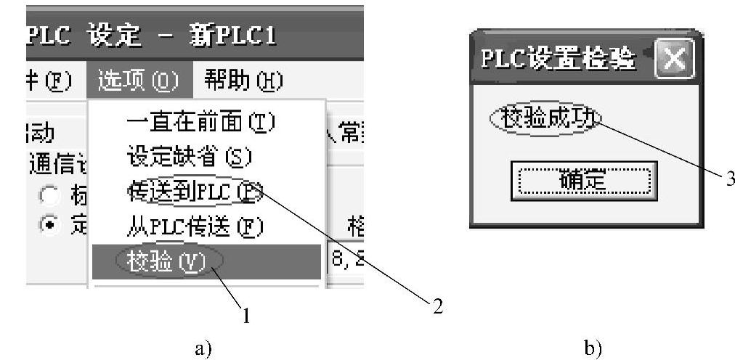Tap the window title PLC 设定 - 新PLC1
153,35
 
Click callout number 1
247,316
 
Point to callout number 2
436,306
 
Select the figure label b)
593,348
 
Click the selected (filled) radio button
49,226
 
